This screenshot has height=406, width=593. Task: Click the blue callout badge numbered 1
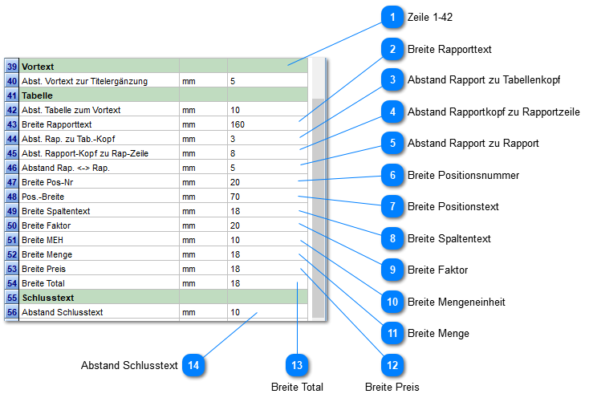pos(392,17)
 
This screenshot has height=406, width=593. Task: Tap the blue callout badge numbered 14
pos(193,365)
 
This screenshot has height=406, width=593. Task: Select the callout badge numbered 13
pos(297,365)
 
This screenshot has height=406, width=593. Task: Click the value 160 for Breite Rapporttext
pos(238,124)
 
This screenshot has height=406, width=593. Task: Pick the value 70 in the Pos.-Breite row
pos(235,197)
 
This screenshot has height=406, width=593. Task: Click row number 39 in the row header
pos(12,67)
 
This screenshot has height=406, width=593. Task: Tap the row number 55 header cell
pos(12,298)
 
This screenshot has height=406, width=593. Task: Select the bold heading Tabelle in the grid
pos(37,95)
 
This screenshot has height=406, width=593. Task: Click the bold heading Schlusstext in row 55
pos(47,298)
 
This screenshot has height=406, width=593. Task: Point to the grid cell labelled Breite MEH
pos(43,240)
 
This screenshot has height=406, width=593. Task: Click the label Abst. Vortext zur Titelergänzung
pos(85,81)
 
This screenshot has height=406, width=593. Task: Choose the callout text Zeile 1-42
pos(429,17)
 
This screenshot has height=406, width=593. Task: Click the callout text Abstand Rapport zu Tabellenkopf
pos(484,79)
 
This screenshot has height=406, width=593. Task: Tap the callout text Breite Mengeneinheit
pos(456,302)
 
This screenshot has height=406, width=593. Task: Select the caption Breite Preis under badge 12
pos(392,387)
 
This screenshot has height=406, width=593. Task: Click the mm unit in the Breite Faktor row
pos(189,225)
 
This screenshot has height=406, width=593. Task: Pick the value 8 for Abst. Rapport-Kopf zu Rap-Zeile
pos(233,153)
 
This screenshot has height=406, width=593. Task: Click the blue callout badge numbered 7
pos(392,206)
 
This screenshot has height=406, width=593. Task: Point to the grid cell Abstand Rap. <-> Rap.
pos(66,168)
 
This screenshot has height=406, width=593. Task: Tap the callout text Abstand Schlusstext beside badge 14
pos(129,365)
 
